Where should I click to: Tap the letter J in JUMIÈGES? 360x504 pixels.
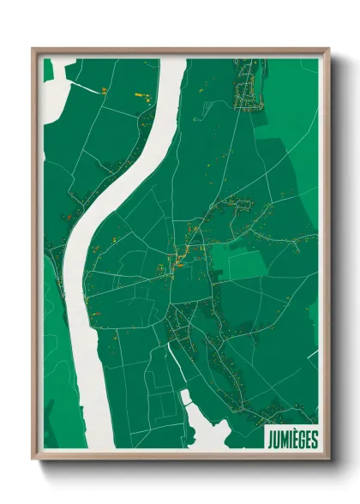tap(270, 440)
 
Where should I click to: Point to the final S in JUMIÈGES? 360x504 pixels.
tap(315, 440)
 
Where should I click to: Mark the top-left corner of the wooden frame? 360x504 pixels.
tap(33, 48)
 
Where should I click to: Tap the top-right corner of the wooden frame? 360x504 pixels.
tap(329, 48)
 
